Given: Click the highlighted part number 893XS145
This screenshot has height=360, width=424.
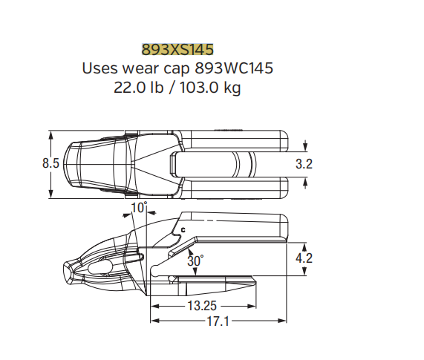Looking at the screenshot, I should tap(177, 50).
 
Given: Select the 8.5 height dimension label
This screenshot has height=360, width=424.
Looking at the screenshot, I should tap(50, 164).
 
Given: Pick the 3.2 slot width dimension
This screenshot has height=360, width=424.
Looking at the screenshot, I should tap(304, 164).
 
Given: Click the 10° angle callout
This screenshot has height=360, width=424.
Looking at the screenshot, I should tap(139, 208).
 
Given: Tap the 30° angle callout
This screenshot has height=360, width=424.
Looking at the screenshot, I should tap(195, 261).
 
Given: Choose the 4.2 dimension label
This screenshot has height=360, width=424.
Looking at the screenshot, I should tap(304, 258).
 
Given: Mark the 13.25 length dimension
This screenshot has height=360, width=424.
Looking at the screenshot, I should tap(202, 306).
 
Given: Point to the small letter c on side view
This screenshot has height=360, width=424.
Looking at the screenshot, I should tap(182, 230).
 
